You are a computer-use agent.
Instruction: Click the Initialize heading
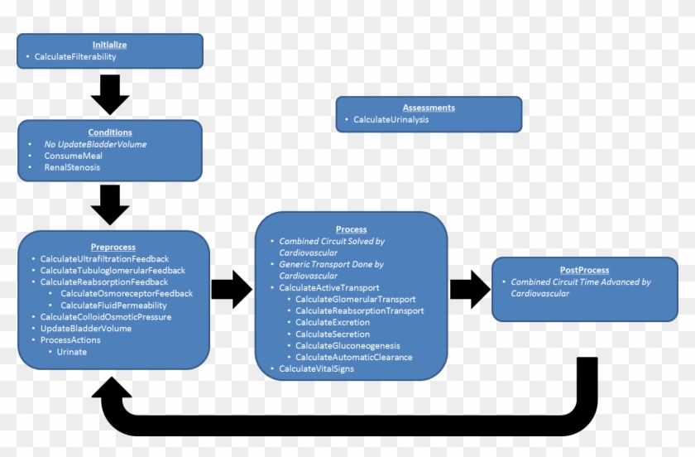click(x=109, y=45)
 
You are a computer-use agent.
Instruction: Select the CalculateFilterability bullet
click(x=75, y=57)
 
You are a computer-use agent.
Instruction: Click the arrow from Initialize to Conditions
click(x=109, y=94)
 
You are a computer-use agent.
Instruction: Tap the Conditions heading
click(x=109, y=132)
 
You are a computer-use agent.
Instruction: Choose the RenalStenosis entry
click(x=72, y=167)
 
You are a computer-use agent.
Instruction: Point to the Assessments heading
click(x=429, y=108)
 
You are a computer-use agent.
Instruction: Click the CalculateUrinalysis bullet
click(x=391, y=120)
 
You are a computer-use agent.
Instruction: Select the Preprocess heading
click(x=113, y=247)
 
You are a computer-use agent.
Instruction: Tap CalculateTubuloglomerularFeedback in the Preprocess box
click(x=113, y=270)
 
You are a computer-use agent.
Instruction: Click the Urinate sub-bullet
click(x=71, y=351)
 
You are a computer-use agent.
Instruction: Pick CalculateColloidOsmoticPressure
click(x=106, y=316)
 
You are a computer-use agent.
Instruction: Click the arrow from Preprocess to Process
click(x=232, y=288)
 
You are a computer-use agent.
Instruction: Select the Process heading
click(x=351, y=229)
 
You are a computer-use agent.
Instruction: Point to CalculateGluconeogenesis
click(x=347, y=345)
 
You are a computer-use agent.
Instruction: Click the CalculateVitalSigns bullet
click(x=316, y=368)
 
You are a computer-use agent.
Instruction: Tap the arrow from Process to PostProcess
click(x=468, y=288)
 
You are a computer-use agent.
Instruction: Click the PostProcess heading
click(x=584, y=270)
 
